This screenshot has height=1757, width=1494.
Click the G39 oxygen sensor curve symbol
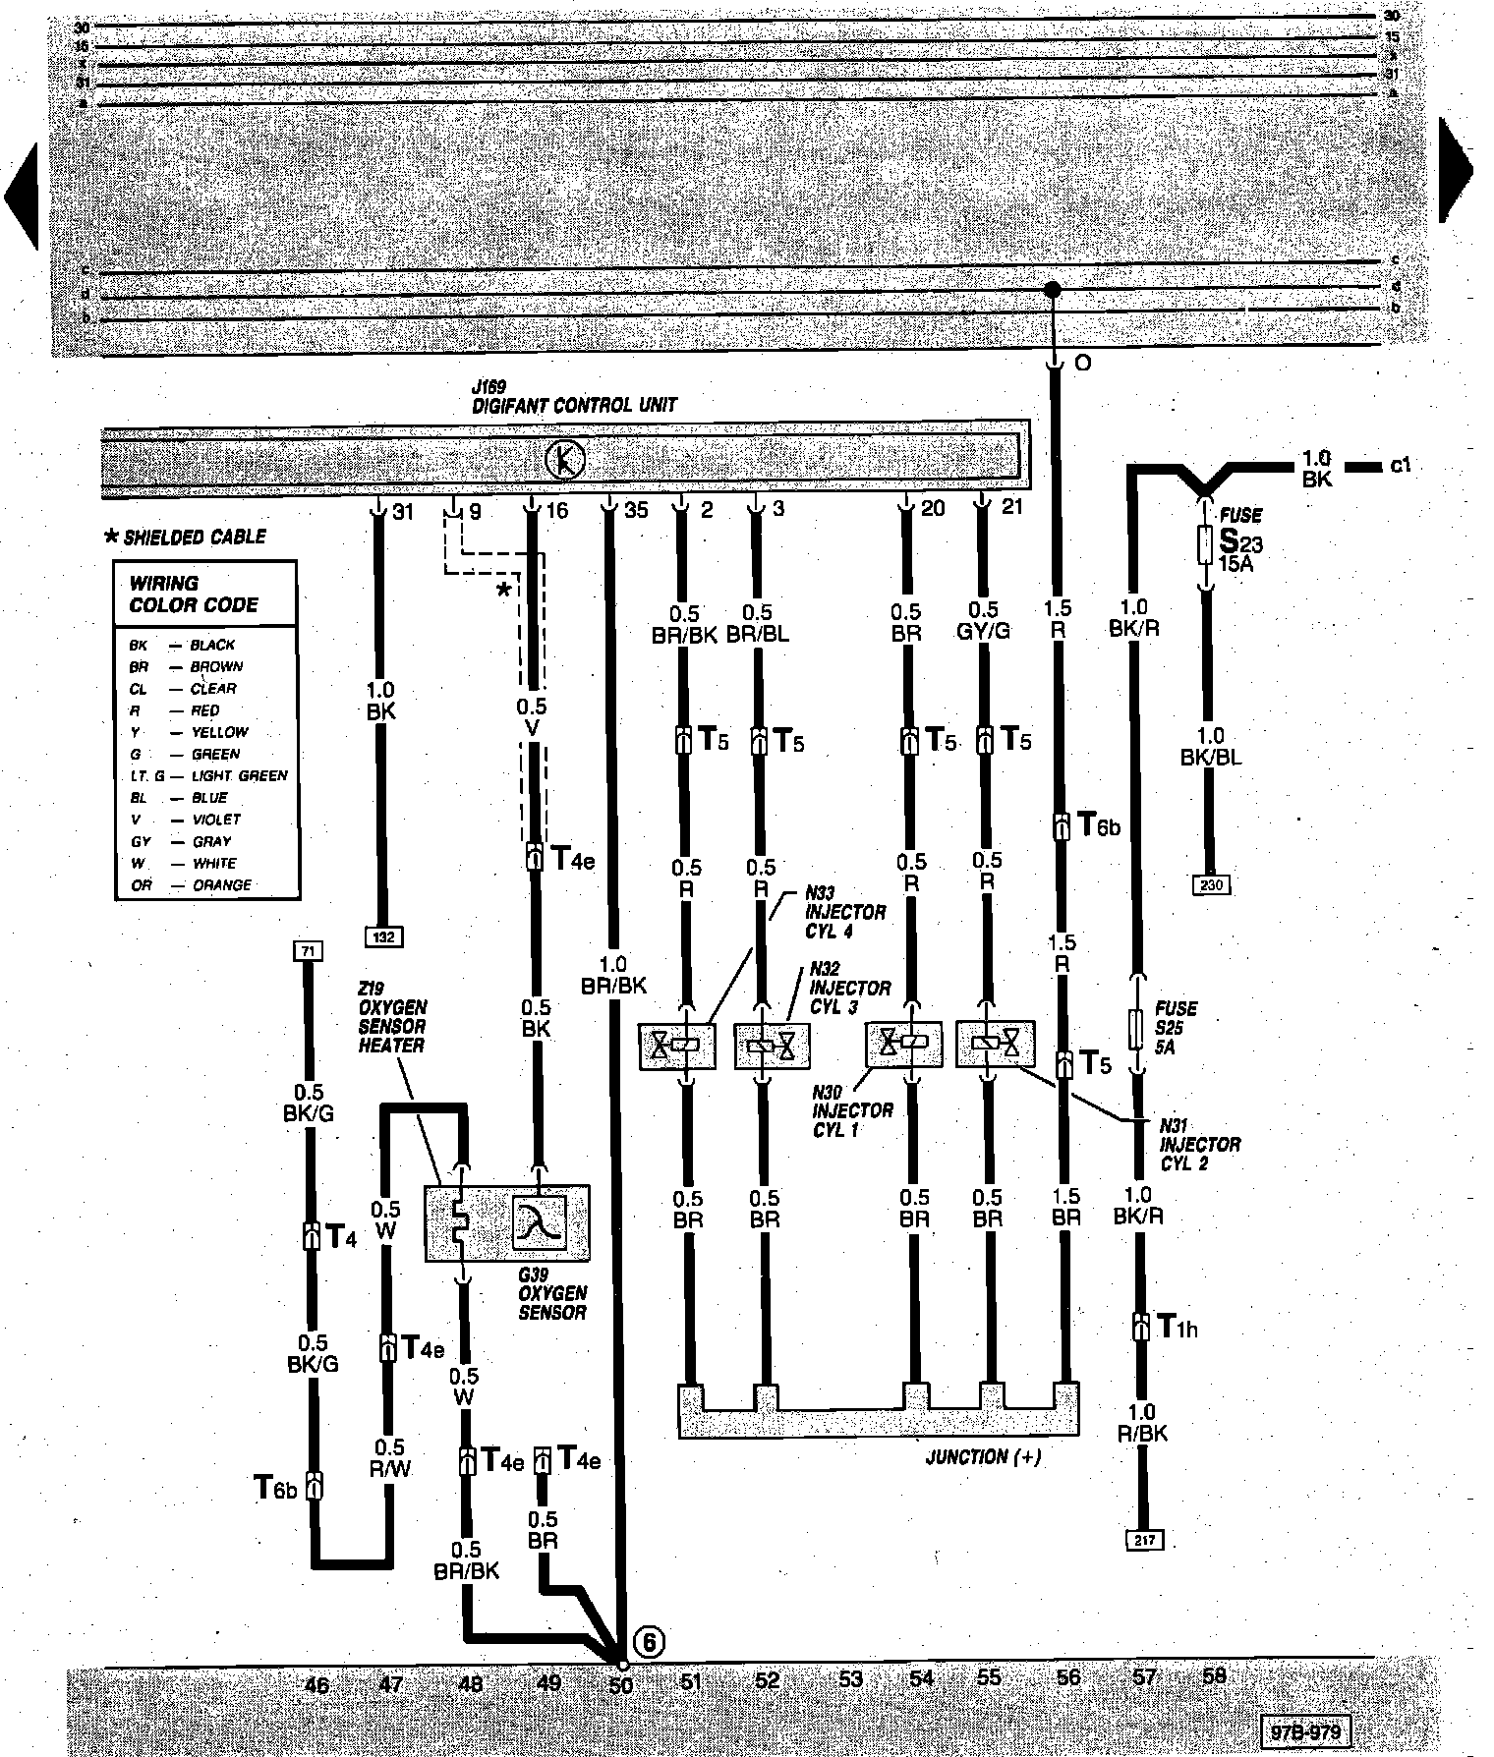(x=539, y=1221)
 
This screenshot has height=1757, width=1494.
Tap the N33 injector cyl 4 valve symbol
(x=676, y=1048)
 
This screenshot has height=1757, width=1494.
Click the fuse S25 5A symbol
(x=1138, y=1028)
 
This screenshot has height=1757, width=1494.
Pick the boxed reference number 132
(x=383, y=936)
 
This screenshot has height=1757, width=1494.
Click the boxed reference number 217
(x=1144, y=1540)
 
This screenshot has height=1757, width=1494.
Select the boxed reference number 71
(x=308, y=950)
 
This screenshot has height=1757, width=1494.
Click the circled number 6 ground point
(x=649, y=1641)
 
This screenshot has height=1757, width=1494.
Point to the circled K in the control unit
(x=565, y=460)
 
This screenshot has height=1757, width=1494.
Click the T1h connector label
(x=1177, y=1329)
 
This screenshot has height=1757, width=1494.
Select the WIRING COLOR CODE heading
(x=194, y=595)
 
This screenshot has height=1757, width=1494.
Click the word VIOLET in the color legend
(x=216, y=820)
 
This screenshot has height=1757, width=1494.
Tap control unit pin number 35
(x=636, y=510)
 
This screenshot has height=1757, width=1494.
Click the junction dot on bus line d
(x=1052, y=290)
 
